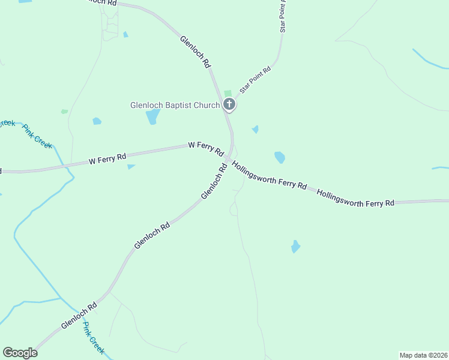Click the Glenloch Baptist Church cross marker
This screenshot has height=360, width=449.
229,104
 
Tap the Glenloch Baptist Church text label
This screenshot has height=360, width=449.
175,105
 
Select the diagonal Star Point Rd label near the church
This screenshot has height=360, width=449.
255,79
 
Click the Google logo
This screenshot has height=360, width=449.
20,353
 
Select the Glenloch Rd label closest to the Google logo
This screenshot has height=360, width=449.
79,316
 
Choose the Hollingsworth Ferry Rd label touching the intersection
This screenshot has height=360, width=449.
270,175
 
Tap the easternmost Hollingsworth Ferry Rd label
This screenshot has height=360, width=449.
355,199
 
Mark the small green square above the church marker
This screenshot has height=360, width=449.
228,93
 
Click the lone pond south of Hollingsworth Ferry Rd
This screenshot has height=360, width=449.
295,246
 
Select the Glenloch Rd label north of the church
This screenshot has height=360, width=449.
195,52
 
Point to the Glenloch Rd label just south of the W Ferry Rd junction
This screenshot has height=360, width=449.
214,182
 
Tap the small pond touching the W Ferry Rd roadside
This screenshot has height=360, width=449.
131,167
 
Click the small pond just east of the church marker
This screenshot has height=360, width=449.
255,129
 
